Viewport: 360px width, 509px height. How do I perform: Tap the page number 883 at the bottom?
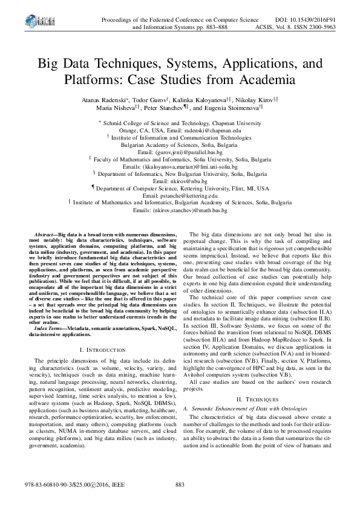180,485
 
